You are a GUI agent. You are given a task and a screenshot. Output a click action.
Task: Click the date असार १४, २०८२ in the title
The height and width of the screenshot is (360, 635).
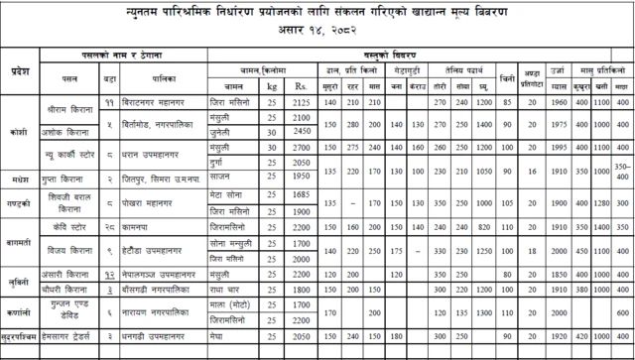tap(317, 33)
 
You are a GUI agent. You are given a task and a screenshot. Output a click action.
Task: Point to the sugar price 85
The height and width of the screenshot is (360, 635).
tap(507, 102)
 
